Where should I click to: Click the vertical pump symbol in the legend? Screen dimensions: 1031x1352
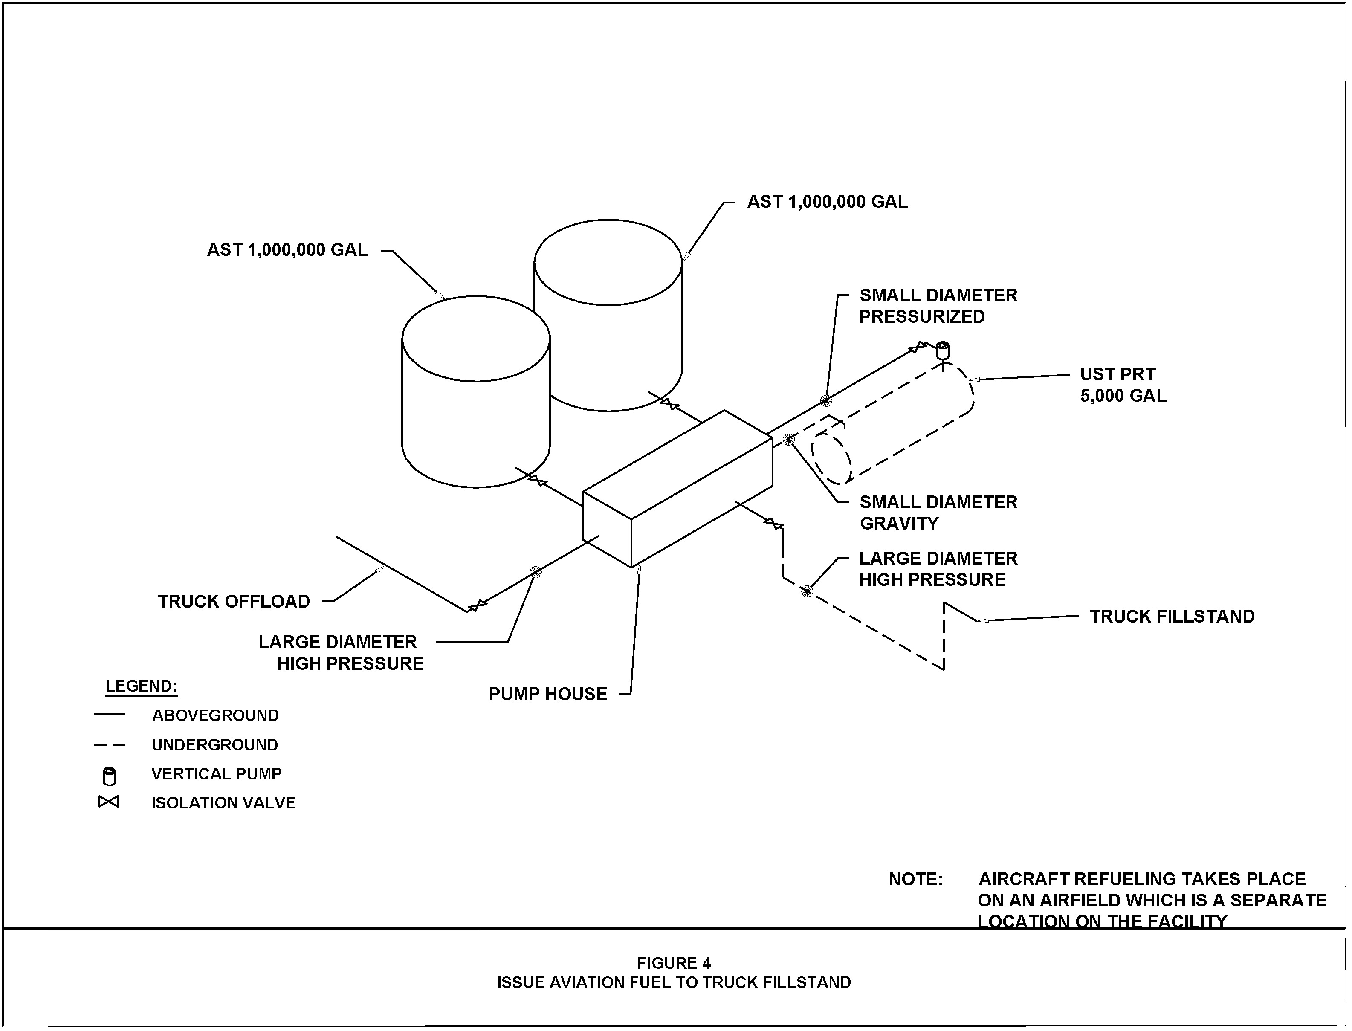point(109,776)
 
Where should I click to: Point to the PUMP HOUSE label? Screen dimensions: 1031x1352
point(547,694)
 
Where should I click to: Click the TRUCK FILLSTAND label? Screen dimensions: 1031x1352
point(1172,616)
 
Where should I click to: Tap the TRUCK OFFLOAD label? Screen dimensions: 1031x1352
point(234,601)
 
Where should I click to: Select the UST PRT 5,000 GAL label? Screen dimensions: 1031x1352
point(1123,385)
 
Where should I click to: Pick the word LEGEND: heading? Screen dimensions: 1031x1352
point(141,686)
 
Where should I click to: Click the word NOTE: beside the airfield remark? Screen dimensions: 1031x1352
point(915,879)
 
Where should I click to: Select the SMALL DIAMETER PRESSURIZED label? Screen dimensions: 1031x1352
point(938,306)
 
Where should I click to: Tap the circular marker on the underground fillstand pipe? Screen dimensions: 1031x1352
point(806,591)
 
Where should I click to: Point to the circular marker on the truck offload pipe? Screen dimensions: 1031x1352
point(536,572)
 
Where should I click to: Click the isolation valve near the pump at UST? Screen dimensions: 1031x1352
point(918,348)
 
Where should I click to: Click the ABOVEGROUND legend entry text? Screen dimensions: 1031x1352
point(215,715)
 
